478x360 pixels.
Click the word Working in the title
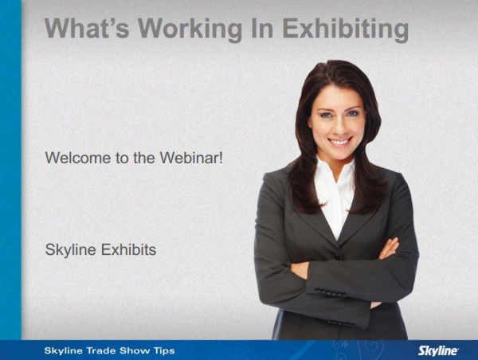190,29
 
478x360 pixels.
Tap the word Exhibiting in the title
346,29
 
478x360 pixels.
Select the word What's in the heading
87,28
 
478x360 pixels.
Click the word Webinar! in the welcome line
192,158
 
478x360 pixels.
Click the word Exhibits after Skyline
128,249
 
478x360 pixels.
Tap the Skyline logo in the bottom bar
438,350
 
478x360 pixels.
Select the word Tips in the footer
164,350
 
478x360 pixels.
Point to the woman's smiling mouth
340,142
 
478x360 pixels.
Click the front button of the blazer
337,256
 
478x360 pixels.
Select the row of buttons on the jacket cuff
331,293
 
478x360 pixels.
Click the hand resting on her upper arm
389,248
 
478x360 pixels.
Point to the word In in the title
262,29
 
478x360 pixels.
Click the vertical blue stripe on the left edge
10,170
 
